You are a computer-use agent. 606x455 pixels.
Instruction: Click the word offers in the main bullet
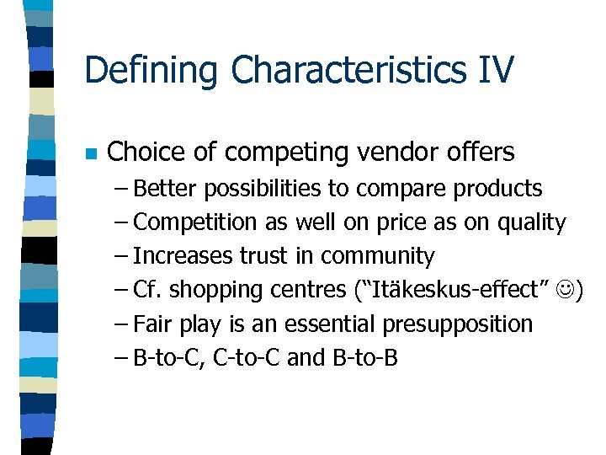click(x=483, y=153)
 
